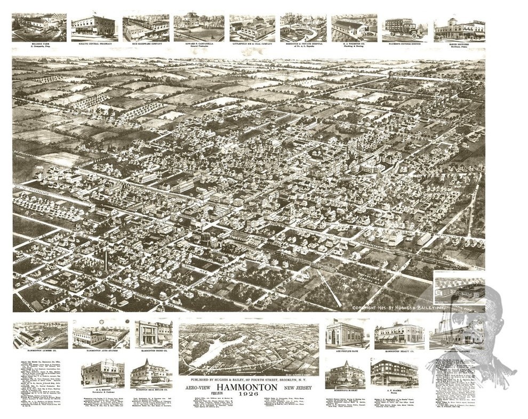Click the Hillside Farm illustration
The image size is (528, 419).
pyautogui.click(x=39, y=27)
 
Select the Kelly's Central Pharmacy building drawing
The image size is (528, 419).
pyautogui.click(x=93, y=26)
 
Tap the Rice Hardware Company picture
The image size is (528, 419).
pyautogui.click(x=146, y=27)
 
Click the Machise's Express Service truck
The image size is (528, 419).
pyautogui.click(x=404, y=27)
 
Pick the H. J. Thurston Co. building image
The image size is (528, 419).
pyautogui.click(x=353, y=27)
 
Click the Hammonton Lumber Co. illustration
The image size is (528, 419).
pyautogui.click(x=41, y=334)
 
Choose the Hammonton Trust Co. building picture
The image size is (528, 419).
pyautogui.click(x=154, y=334)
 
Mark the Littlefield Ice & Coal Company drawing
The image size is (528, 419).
pyautogui.click(x=252, y=27)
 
